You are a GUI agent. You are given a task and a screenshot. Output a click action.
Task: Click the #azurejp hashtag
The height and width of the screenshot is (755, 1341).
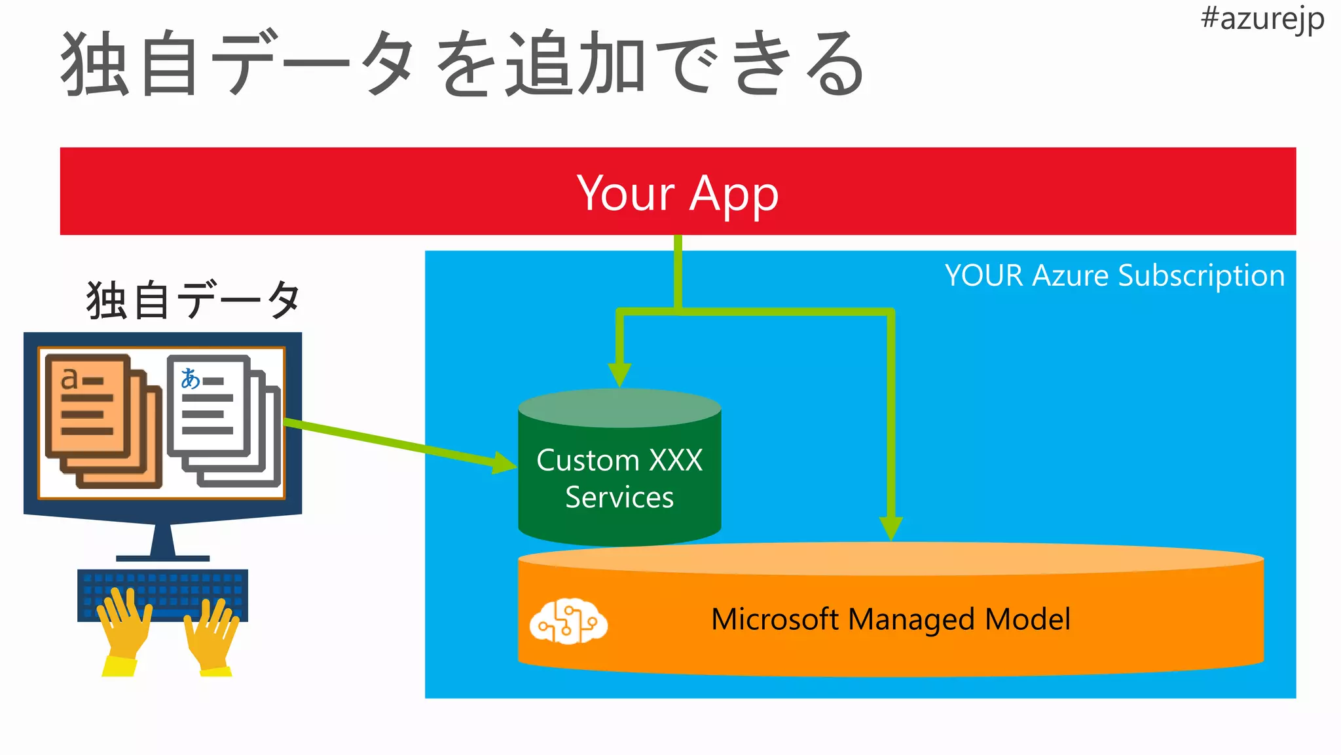1262,18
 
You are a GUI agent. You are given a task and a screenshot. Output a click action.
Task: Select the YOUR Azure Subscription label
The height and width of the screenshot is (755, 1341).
1114,275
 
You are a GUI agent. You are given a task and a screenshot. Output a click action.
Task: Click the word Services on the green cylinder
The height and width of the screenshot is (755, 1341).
619,497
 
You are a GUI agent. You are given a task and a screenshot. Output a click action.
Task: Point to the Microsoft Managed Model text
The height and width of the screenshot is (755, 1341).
891,619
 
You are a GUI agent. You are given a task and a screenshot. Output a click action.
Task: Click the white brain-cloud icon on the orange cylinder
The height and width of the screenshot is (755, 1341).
568,621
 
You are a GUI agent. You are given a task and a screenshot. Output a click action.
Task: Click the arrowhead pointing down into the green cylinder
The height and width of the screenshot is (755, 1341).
619,374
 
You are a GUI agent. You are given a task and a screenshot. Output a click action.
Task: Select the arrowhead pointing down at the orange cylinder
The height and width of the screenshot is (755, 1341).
891,528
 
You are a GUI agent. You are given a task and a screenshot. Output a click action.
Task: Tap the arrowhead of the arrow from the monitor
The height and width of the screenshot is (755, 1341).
504,463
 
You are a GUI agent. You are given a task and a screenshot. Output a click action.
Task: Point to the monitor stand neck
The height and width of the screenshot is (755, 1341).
162,541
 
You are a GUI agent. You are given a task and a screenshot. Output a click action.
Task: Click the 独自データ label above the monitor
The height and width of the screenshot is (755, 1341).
193,300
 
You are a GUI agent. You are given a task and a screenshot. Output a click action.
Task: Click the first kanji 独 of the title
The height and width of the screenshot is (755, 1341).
94,64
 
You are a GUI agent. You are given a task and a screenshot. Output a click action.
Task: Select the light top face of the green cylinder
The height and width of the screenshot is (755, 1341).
619,408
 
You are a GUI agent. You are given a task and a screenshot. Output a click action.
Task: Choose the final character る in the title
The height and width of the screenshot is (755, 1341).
834,64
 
